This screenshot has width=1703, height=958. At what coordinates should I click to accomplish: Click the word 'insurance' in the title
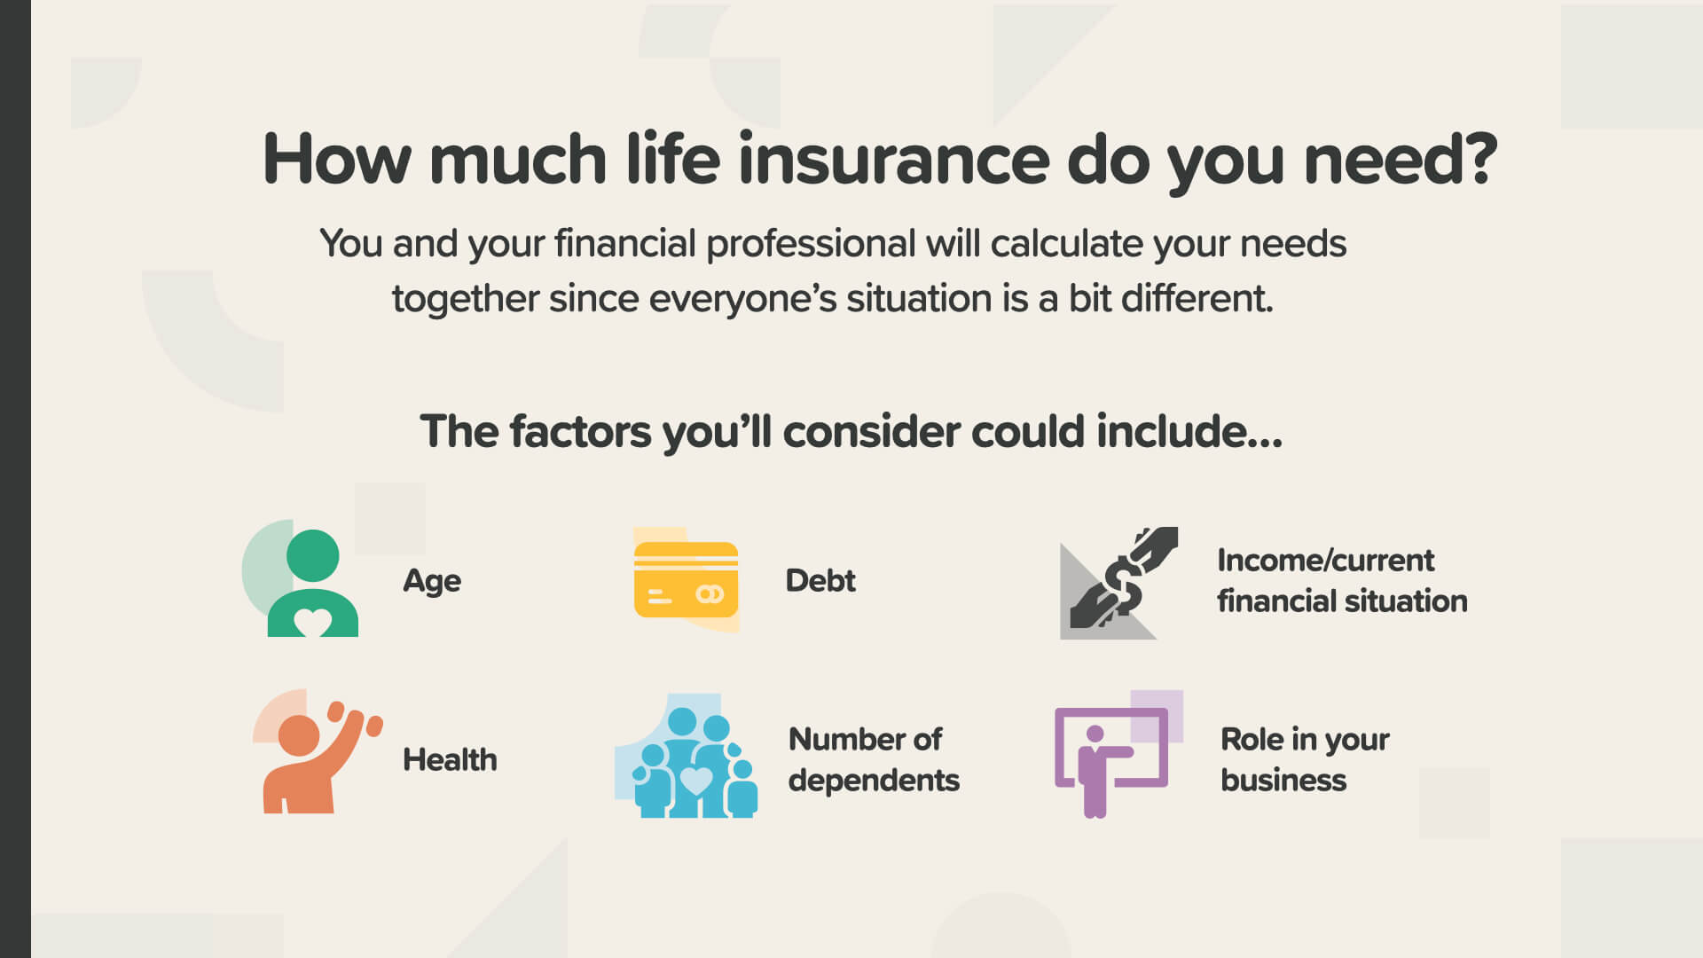[x=894, y=160]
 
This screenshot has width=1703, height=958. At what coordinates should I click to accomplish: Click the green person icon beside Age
[x=312, y=583]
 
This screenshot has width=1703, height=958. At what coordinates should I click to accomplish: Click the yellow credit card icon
[x=686, y=579]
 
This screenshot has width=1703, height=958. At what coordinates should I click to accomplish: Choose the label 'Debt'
[x=820, y=580]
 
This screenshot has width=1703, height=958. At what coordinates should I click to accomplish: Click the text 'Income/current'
[x=1325, y=561]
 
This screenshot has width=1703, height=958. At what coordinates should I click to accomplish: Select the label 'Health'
[x=450, y=759]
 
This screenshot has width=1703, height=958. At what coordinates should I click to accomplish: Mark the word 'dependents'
[x=874, y=781]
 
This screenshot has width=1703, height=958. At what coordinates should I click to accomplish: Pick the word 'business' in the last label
[x=1283, y=780]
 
